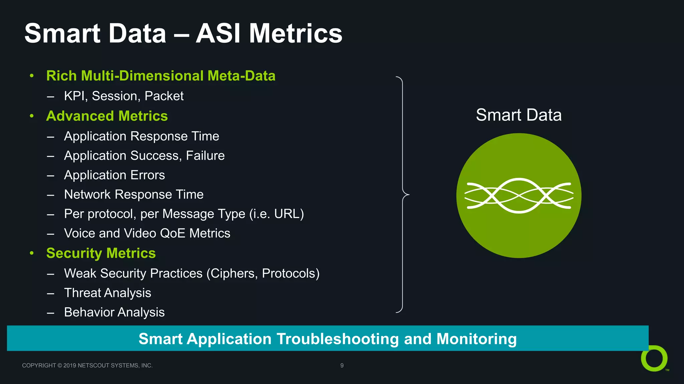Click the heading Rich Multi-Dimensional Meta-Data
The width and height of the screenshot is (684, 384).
161,76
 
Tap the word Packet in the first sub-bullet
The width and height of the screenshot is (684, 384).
164,96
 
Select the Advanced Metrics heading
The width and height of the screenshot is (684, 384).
107,116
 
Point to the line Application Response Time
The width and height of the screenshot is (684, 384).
141,136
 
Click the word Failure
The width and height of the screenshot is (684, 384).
205,156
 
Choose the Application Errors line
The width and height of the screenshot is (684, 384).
114,175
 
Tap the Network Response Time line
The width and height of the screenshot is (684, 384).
134,194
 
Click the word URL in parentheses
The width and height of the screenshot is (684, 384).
287,214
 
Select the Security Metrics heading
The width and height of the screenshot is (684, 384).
101,253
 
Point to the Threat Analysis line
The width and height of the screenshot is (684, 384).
108,293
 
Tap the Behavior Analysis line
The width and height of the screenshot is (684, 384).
114,312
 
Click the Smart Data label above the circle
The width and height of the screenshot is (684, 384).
518,115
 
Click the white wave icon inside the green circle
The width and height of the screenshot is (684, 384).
519,196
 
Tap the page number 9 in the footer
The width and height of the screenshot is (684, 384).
342,365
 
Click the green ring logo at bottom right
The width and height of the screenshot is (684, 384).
654,359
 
